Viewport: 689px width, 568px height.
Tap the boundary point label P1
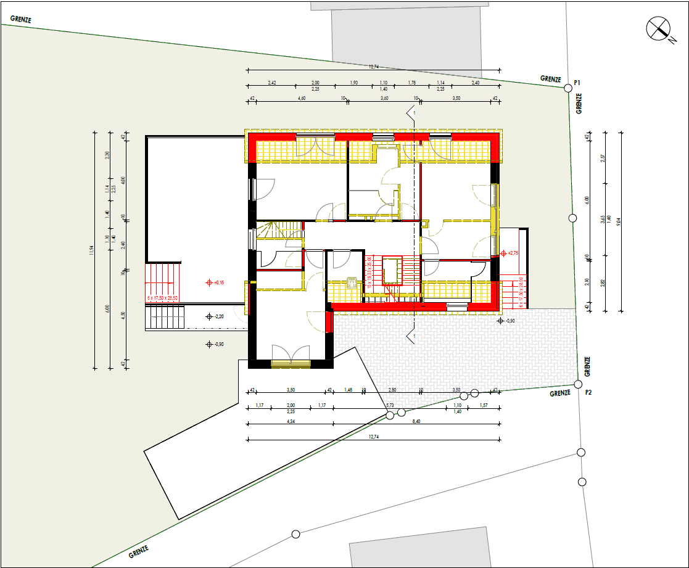(x=578, y=82)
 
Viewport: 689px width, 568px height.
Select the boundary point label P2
(x=588, y=392)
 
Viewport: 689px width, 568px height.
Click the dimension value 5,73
(x=390, y=405)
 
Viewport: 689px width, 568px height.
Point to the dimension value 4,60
(x=302, y=98)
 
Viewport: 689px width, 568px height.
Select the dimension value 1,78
(x=412, y=83)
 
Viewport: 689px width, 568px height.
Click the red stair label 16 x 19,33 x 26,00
(x=370, y=272)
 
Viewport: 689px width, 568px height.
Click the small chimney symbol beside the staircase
(x=352, y=282)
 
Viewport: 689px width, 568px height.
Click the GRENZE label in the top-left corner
(x=20, y=19)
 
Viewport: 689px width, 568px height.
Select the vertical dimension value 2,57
(x=603, y=158)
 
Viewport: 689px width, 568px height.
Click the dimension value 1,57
(x=483, y=405)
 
